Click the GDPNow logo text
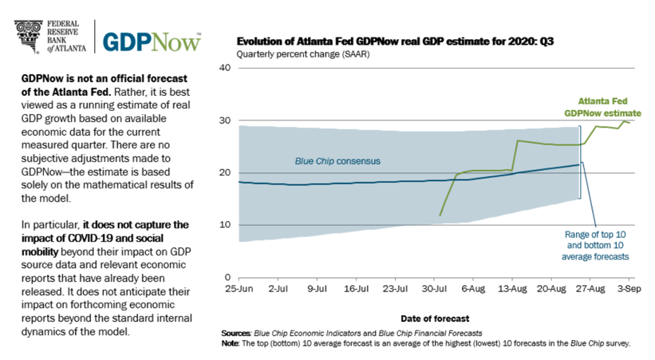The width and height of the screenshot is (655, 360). pyautogui.click(x=152, y=40)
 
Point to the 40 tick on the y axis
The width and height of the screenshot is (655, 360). pyautogui.click(x=224, y=69)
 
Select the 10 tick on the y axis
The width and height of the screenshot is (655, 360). pyautogui.click(x=224, y=225)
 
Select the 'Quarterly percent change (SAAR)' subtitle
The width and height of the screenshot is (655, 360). pyautogui.click(x=291, y=53)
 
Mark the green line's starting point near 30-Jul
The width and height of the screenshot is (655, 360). pyautogui.click(x=440, y=216)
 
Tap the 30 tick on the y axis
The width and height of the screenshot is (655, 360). pyautogui.click(x=224, y=121)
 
